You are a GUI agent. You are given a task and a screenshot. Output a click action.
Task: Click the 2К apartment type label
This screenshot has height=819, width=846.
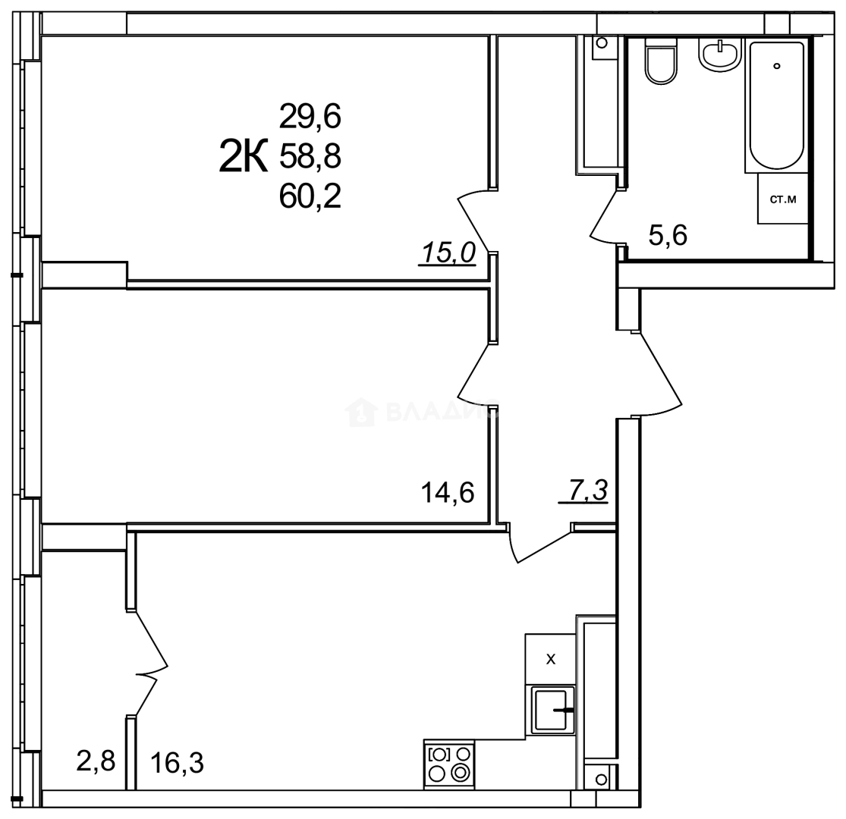244,158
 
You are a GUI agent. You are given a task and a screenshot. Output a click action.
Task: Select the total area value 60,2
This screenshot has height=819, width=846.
310,197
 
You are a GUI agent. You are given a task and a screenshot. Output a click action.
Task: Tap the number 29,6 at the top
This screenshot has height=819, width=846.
310,117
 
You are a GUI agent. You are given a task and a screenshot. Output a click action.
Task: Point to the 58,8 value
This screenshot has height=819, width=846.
310,157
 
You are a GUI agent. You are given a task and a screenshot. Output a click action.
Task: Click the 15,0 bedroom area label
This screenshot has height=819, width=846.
447,253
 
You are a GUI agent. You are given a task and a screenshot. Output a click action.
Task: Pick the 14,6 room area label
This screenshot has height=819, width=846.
447,493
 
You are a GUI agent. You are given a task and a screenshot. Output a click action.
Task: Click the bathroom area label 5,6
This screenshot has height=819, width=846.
668,236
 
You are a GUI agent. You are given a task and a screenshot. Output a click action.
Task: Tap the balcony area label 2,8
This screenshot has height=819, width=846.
96,760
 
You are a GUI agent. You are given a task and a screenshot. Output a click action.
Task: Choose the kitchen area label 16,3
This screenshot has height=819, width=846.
178,762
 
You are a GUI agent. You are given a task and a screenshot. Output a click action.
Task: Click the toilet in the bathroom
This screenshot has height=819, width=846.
660,61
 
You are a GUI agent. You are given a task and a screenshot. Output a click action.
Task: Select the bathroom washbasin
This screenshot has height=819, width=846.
719,55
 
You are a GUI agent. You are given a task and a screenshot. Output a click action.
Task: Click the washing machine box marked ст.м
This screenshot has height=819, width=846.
782,199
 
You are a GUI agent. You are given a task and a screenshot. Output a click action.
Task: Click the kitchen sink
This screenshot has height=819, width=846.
552,709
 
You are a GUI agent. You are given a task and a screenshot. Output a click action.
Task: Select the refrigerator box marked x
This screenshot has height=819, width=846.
551,659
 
